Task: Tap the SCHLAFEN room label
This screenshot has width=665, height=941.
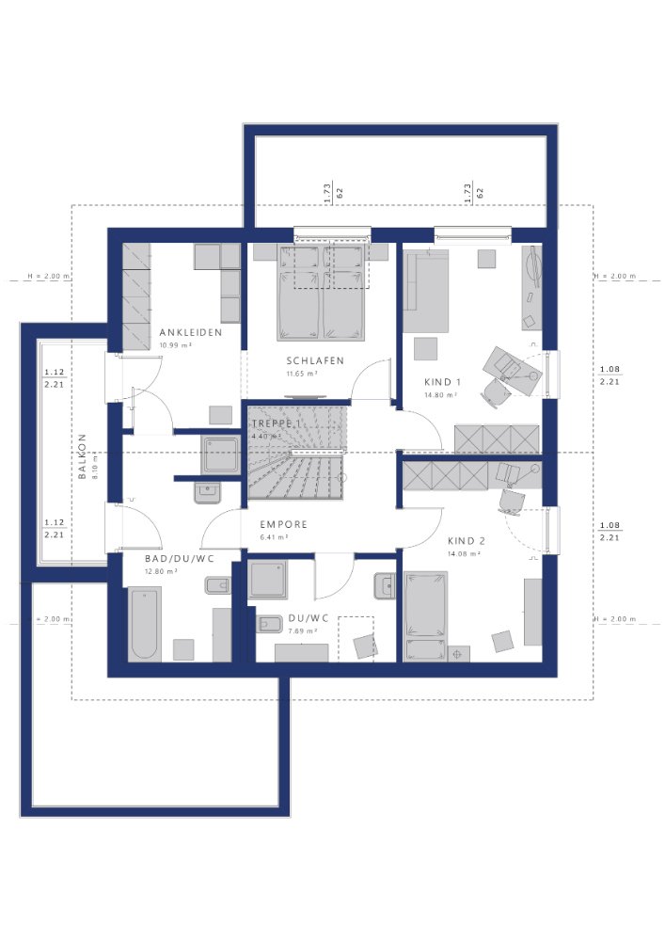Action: (x=315, y=360)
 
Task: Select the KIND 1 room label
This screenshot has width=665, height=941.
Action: (x=442, y=382)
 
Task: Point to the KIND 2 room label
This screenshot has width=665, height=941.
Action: (x=466, y=541)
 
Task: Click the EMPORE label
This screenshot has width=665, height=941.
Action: (x=284, y=525)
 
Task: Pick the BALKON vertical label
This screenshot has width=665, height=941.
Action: (x=82, y=456)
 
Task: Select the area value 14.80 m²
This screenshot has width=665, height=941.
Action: (x=440, y=395)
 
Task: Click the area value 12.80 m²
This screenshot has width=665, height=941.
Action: (x=161, y=570)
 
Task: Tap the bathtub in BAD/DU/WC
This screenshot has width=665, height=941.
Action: (x=145, y=624)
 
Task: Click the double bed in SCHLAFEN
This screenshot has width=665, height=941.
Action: (x=320, y=291)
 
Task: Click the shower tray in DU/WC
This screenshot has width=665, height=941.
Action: (x=269, y=580)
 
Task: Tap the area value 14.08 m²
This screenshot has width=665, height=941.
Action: (x=465, y=554)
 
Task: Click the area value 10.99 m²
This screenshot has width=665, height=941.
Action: (x=176, y=345)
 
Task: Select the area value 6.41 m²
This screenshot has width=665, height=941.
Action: (x=274, y=537)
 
